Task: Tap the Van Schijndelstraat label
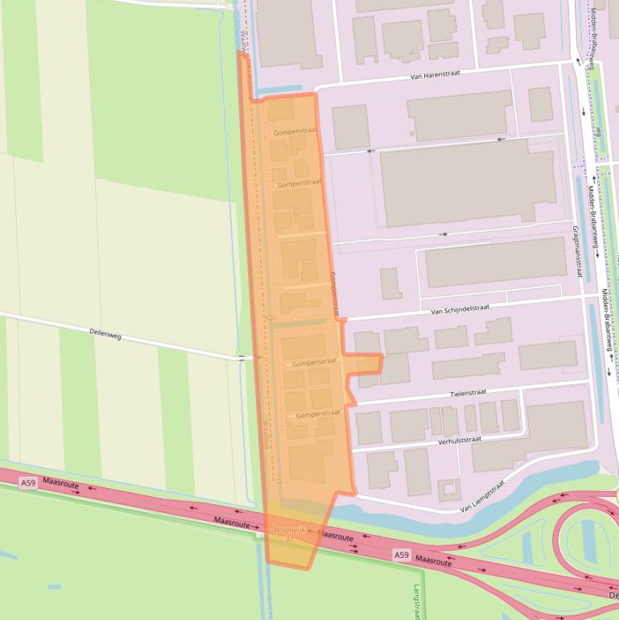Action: pyautogui.click(x=460, y=308)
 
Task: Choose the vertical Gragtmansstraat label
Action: pyautogui.click(x=576, y=250)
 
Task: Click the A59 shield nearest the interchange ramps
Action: pyautogui.click(x=402, y=555)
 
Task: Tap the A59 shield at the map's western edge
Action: pyautogui.click(x=28, y=482)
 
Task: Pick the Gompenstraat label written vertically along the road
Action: pyautogui.click(x=334, y=291)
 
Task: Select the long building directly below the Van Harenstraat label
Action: pyautogui.click(x=460, y=114)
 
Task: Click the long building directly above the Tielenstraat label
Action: pyautogui.click(x=467, y=366)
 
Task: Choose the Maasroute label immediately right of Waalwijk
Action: pyautogui.click(x=335, y=535)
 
